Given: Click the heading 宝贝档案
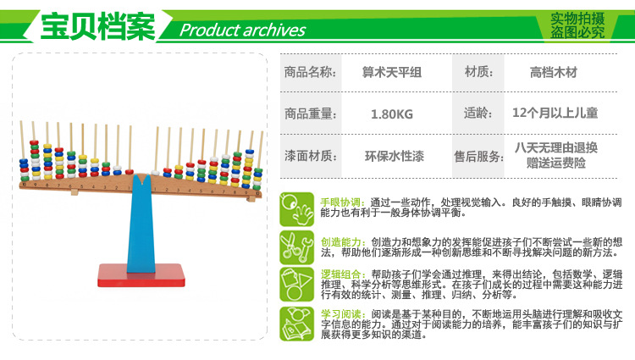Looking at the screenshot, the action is (97, 26).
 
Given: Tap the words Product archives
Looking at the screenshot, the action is (242, 30).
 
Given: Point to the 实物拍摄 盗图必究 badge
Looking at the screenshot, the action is (577, 25).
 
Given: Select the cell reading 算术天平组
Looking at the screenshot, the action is (392, 73).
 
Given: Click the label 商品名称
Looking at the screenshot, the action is (310, 73).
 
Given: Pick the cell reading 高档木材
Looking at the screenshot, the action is (553, 73).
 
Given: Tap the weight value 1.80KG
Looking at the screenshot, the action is (392, 114).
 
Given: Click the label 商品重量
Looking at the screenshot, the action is (310, 114).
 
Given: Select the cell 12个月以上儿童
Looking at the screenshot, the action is (555, 113).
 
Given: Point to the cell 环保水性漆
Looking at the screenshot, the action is (394, 156).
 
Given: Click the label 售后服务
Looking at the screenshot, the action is (478, 157).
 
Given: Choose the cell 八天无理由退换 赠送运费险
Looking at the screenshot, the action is (556, 155).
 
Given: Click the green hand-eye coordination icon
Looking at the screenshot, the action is (297, 209).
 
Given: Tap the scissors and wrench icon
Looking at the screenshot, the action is (297, 248).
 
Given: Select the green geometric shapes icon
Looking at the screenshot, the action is (297, 285).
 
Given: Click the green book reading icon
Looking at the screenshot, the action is (297, 324).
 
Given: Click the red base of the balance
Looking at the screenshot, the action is (141, 275).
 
